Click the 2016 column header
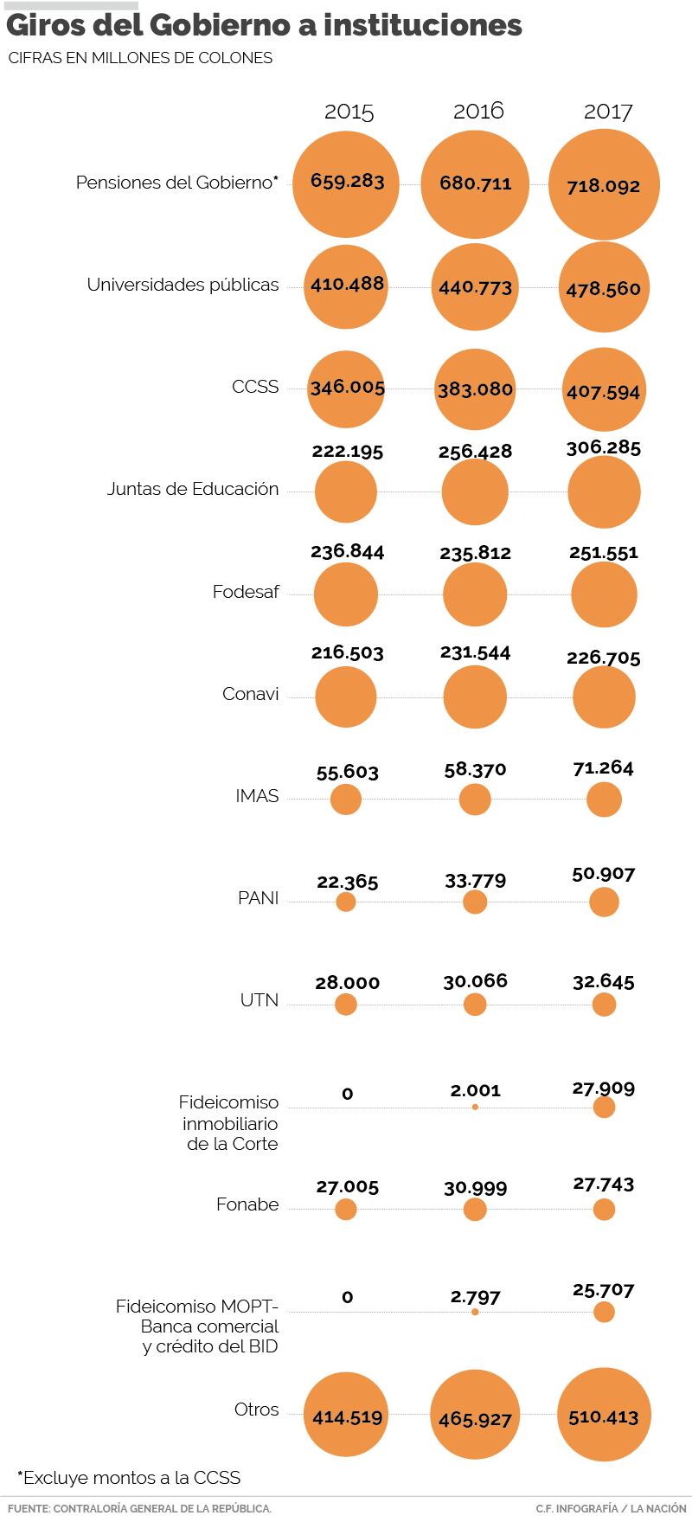click(477, 111)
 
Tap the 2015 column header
click(349, 112)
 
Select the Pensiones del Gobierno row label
click(177, 183)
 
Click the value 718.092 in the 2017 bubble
click(603, 185)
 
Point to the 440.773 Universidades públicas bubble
click(475, 287)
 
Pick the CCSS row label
click(255, 387)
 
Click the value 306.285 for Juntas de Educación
click(604, 448)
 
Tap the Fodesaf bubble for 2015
click(346, 594)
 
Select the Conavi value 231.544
click(475, 652)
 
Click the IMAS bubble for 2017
click(604, 800)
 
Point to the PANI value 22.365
click(348, 882)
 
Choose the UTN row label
click(259, 1000)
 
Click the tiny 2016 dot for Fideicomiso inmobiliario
click(475, 1107)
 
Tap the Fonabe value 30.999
click(475, 1188)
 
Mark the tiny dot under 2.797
click(475, 1312)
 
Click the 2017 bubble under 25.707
click(604, 1312)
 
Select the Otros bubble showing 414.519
click(347, 1417)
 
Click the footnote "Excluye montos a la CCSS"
click(129, 1477)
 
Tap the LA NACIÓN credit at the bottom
click(657, 1508)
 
